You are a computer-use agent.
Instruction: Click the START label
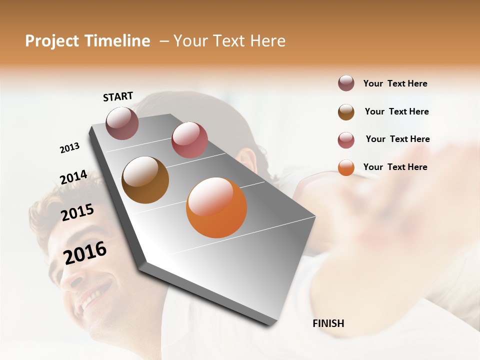pos(118,96)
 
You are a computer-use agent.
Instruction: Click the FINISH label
pos(328,323)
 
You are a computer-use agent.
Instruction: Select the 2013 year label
pos(69,148)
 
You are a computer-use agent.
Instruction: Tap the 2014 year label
pos(73,177)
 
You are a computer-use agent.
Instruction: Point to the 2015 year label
pos(77,213)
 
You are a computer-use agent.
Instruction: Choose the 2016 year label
pos(85,252)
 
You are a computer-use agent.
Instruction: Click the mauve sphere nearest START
pos(122,123)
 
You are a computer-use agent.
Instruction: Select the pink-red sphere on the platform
pos(189,140)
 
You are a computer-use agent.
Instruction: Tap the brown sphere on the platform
pos(145,180)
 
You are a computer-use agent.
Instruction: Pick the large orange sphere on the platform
pos(216,207)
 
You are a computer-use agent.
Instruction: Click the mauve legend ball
pos(346,83)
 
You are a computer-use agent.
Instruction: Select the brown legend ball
pos(346,112)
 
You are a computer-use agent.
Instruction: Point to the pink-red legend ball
pos(346,140)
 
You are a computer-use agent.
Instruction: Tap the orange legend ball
pos(346,167)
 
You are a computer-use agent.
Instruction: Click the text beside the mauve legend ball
pos(395,83)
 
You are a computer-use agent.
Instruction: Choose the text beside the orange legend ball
pos(395,167)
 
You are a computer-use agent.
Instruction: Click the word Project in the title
pos(51,41)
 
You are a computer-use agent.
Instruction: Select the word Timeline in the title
pos(117,41)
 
